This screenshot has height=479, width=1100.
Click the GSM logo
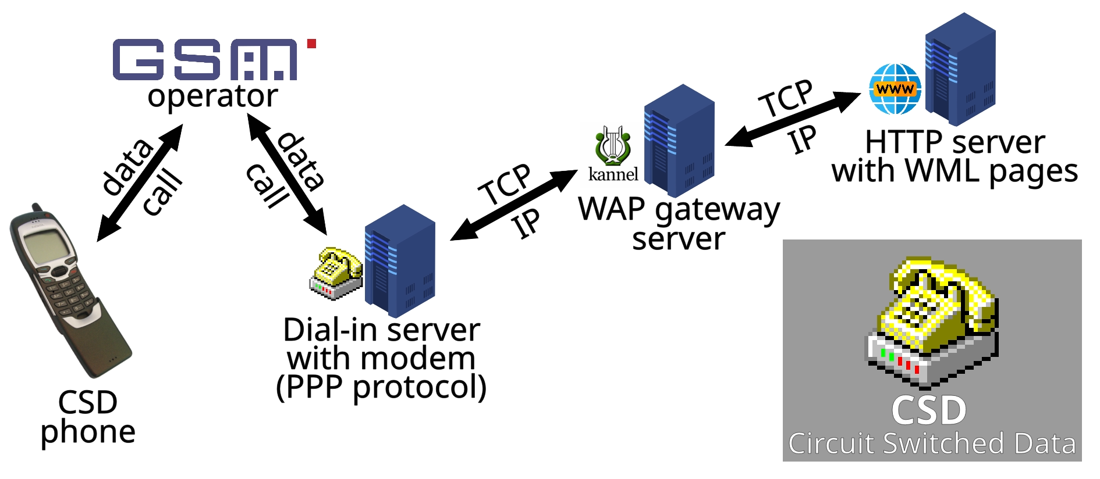pyautogui.click(x=205, y=59)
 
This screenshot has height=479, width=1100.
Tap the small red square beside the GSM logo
pyautogui.click(x=311, y=44)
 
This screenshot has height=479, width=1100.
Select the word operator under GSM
pyautogui.click(x=212, y=96)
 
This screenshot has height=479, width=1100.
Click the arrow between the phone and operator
pyautogui.click(x=140, y=183)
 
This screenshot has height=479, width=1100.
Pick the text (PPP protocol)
pyautogui.click(x=381, y=388)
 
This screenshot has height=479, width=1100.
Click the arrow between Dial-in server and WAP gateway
pyautogui.click(x=514, y=205)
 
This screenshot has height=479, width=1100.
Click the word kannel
pyautogui.click(x=613, y=174)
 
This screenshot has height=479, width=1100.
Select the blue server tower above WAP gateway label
pyautogui.click(x=679, y=141)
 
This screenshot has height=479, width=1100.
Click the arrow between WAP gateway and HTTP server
pyautogui.click(x=793, y=119)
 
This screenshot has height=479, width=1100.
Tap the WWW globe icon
pyautogui.click(x=895, y=89)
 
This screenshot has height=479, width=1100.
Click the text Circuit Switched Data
pyautogui.click(x=932, y=444)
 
